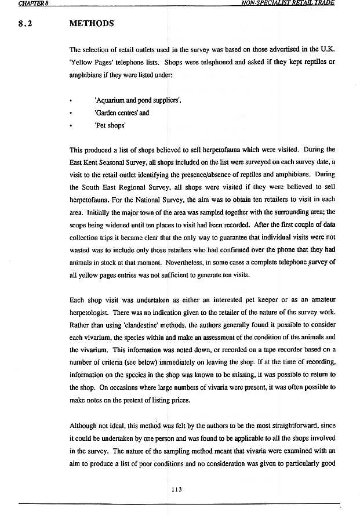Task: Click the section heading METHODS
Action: (91, 24)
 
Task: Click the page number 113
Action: (177, 489)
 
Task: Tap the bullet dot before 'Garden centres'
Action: (70, 114)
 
